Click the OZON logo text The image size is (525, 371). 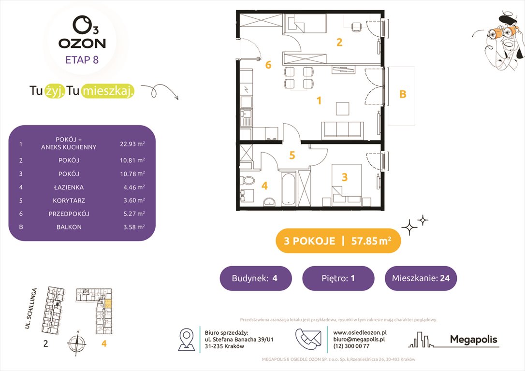82,43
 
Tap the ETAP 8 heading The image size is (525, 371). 82,60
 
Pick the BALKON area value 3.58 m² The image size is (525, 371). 132,227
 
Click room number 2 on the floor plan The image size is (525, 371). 339,43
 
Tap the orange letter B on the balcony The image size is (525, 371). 402,95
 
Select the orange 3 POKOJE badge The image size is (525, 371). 338,241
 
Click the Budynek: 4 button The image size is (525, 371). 256,278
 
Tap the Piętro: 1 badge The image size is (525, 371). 338,278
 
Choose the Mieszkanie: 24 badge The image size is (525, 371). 421,278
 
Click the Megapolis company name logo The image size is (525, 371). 473,340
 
